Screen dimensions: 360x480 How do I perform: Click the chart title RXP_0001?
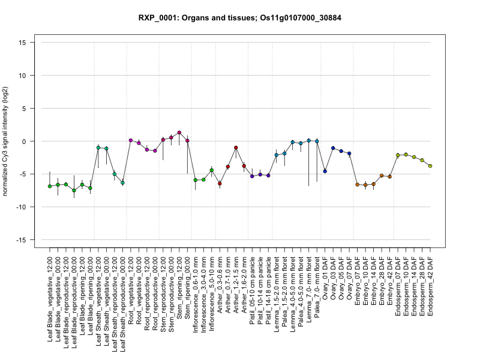(x=239, y=18)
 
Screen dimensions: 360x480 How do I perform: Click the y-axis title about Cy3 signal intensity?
(x=7, y=141)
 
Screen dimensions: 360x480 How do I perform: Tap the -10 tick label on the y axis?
(x=23, y=207)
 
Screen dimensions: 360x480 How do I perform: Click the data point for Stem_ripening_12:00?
(x=179, y=133)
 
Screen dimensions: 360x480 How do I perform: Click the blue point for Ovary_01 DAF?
(x=325, y=171)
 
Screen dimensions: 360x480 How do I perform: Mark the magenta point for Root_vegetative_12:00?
(x=131, y=140)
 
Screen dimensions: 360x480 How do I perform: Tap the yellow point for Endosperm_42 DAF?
(x=431, y=166)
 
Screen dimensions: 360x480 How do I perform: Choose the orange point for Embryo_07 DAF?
(x=358, y=185)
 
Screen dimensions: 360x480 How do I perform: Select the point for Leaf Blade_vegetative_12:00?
(x=50, y=186)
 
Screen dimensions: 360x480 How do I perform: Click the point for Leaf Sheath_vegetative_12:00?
(x=98, y=148)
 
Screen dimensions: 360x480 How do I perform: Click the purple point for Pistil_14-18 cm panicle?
(x=268, y=175)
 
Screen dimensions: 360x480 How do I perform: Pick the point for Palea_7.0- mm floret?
(x=317, y=142)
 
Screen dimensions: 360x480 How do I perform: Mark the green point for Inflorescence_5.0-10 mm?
(x=212, y=170)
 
